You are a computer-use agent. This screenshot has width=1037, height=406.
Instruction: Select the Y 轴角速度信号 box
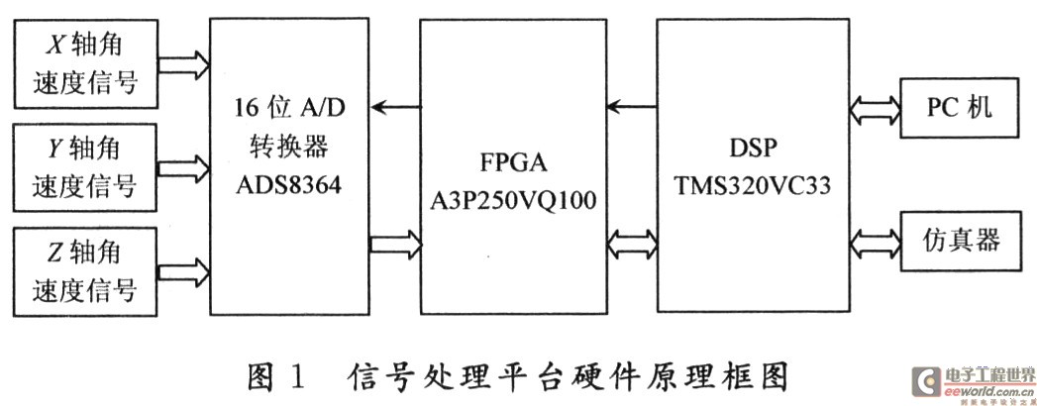(x=84, y=167)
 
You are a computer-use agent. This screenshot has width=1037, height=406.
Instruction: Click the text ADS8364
(x=288, y=184)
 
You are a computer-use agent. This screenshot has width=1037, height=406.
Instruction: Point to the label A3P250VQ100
(x=513, y=198)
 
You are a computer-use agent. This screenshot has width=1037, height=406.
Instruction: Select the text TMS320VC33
(x=753, y=185)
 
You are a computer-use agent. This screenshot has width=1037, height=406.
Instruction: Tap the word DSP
(x=754, y=150)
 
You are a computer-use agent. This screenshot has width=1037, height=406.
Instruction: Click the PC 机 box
(x=960, y=108)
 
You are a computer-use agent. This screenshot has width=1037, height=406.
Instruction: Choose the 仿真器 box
(x=960, y=241)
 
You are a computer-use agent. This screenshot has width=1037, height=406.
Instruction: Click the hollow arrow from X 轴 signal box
(x=184, y=64)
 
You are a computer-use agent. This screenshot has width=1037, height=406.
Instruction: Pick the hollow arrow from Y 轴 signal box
(x=183, y=167)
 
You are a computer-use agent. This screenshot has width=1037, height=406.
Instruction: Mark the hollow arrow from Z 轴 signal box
(x=183, y=271)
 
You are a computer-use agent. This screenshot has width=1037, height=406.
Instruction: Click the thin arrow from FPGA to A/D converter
(x=395, y=106)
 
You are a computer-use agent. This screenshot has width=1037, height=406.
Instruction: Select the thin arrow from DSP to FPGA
(x=632, y=105)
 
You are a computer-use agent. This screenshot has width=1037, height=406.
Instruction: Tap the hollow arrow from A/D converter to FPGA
(x=395, y=244)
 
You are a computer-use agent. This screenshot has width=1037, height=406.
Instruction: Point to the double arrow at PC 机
(x=876, y=108)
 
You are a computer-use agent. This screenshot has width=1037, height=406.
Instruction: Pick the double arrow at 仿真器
(x=876, y=241)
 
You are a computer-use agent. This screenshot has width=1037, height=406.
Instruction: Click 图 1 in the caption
(x=277, y=377)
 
